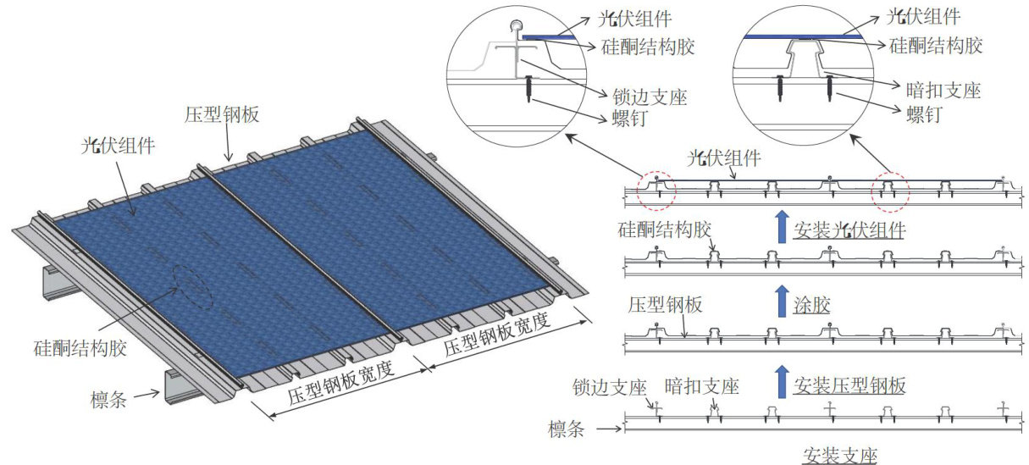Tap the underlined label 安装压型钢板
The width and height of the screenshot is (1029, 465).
849,386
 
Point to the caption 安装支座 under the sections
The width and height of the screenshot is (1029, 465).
839,455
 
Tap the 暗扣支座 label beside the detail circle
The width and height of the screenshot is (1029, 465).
938,90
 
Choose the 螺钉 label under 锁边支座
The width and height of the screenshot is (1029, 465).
628,118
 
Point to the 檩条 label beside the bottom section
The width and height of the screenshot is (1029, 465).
567,429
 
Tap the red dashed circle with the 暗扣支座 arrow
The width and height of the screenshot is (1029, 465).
891,192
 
